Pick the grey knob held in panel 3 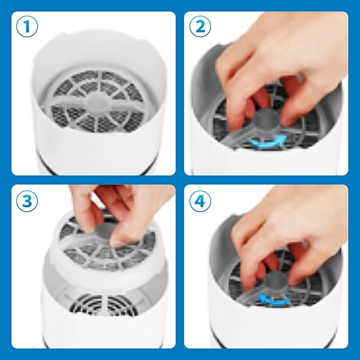click(x=106, y=233)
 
